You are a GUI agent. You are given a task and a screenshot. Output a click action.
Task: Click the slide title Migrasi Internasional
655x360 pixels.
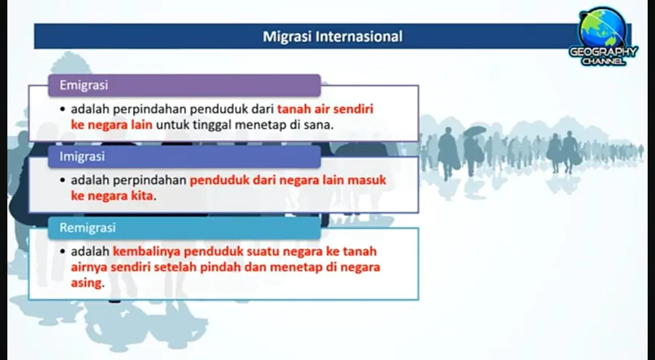pyautogui.click(x=333, y=36)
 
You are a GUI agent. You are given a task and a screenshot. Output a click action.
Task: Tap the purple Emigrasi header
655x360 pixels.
pyautogui.click(x=184, y=85)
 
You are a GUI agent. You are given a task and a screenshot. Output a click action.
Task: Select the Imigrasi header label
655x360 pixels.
pyautogui.click(x=82, y=156)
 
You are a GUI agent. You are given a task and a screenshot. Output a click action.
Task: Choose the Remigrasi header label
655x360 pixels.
pyautogui.click(x=87, y=228)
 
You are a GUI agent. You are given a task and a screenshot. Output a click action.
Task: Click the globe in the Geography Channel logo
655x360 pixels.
pyautogui.click(x=603, y=28)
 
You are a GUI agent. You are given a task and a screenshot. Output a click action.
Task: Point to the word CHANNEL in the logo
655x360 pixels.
pyautogui.click(x=603, y=61)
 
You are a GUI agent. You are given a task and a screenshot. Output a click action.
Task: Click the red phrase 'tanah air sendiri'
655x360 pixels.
pyautogui.click(x=325, y=109)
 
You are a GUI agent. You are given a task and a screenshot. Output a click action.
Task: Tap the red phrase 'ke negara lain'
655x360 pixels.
pyautogui.click(x=111, y=124)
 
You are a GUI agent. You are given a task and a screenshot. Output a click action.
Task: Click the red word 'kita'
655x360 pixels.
pyautogui.click(x=141, y=196)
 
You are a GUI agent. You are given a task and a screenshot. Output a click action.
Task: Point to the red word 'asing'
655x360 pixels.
pyautogui.click(x=86, y=283)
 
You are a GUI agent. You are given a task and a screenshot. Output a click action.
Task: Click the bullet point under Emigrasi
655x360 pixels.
pyautogui.click(x=63, y=109)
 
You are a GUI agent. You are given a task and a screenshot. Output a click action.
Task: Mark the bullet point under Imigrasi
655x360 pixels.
pyautogui.click(x=63, y=180)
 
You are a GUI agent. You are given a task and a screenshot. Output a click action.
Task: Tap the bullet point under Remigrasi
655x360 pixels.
pyautogui.click(x=63, y=252)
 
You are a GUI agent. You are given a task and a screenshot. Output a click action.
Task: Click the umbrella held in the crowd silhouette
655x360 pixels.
pyautogui.click(x=475, y=131)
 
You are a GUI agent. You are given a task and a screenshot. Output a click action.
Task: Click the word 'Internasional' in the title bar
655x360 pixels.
pyautogui.click(x=360, y=36)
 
